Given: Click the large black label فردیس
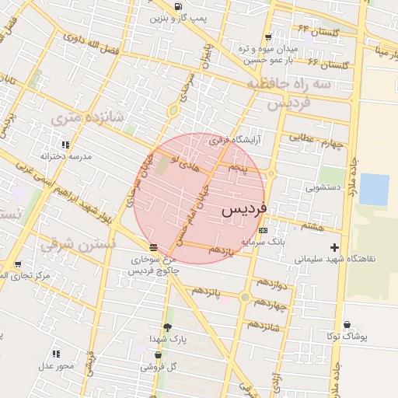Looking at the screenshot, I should [243, 209].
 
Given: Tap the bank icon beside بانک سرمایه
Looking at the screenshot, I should [263, 230].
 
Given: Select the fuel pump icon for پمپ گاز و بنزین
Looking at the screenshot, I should [178, 7].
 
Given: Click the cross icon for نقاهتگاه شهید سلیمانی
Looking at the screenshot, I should [334, 247].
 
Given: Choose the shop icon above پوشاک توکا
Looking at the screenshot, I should [347, 325].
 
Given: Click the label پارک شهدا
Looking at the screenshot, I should [168, 339].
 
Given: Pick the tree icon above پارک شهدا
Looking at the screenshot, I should [167, 327].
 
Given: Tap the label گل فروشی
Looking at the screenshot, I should [159, 366].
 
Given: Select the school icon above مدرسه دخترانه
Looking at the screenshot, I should [65, 145].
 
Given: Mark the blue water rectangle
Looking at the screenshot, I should [374, 190].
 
